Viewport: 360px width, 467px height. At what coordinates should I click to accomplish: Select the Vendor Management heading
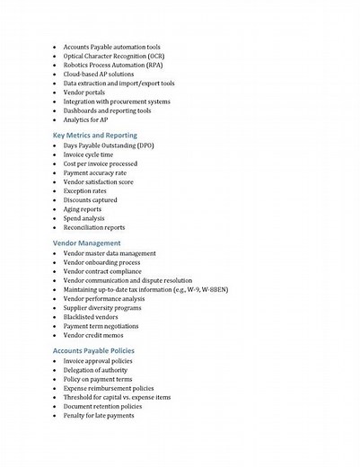tap(86, 242)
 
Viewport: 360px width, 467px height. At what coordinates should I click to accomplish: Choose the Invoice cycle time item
tap(93, 154)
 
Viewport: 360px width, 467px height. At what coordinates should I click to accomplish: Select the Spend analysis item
tap(90, 217)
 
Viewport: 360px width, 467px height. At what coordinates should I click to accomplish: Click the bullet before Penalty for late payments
tap(54, 415)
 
